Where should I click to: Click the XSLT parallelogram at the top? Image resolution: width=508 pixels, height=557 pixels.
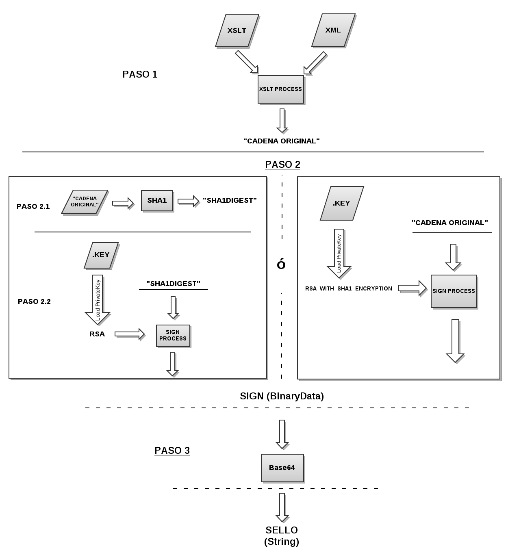pos(237,31)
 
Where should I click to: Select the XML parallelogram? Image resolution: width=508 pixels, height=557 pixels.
pos(333,30)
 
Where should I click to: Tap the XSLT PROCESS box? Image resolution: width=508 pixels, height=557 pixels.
pos(280,89)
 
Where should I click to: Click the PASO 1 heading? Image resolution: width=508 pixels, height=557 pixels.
pos(140,74)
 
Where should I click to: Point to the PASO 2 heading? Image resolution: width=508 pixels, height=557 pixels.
pos(282,165)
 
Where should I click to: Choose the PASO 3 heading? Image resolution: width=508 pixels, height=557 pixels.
pos(172,451)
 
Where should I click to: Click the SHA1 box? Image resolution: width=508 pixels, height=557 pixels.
pos(157,200)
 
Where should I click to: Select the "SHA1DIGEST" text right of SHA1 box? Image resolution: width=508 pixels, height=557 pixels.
pos(230,200)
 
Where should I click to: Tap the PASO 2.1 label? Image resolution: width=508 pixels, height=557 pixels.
pos(33,206)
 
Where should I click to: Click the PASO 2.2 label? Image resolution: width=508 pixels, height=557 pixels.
pos(34,301)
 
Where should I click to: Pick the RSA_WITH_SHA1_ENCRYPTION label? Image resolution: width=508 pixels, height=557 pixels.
pos(349,288)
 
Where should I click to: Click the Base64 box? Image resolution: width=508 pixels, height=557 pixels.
pos(282,468)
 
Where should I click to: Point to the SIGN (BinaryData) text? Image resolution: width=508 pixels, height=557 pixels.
pos(282,396)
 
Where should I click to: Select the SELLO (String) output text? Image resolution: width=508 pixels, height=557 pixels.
pos(282,535)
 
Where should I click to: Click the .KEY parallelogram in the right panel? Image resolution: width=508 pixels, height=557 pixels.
pos(342,203)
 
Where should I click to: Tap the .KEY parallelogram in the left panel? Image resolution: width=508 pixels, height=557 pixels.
pos(101,255)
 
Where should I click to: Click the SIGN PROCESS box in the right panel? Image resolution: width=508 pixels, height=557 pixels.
pos(454,291)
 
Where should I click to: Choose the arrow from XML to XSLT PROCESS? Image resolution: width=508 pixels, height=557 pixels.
pos(315,63)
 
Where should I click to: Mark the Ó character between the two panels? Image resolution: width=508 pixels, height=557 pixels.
pos(281,264)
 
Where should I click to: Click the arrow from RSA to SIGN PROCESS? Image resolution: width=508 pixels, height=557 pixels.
pos(130,334)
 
